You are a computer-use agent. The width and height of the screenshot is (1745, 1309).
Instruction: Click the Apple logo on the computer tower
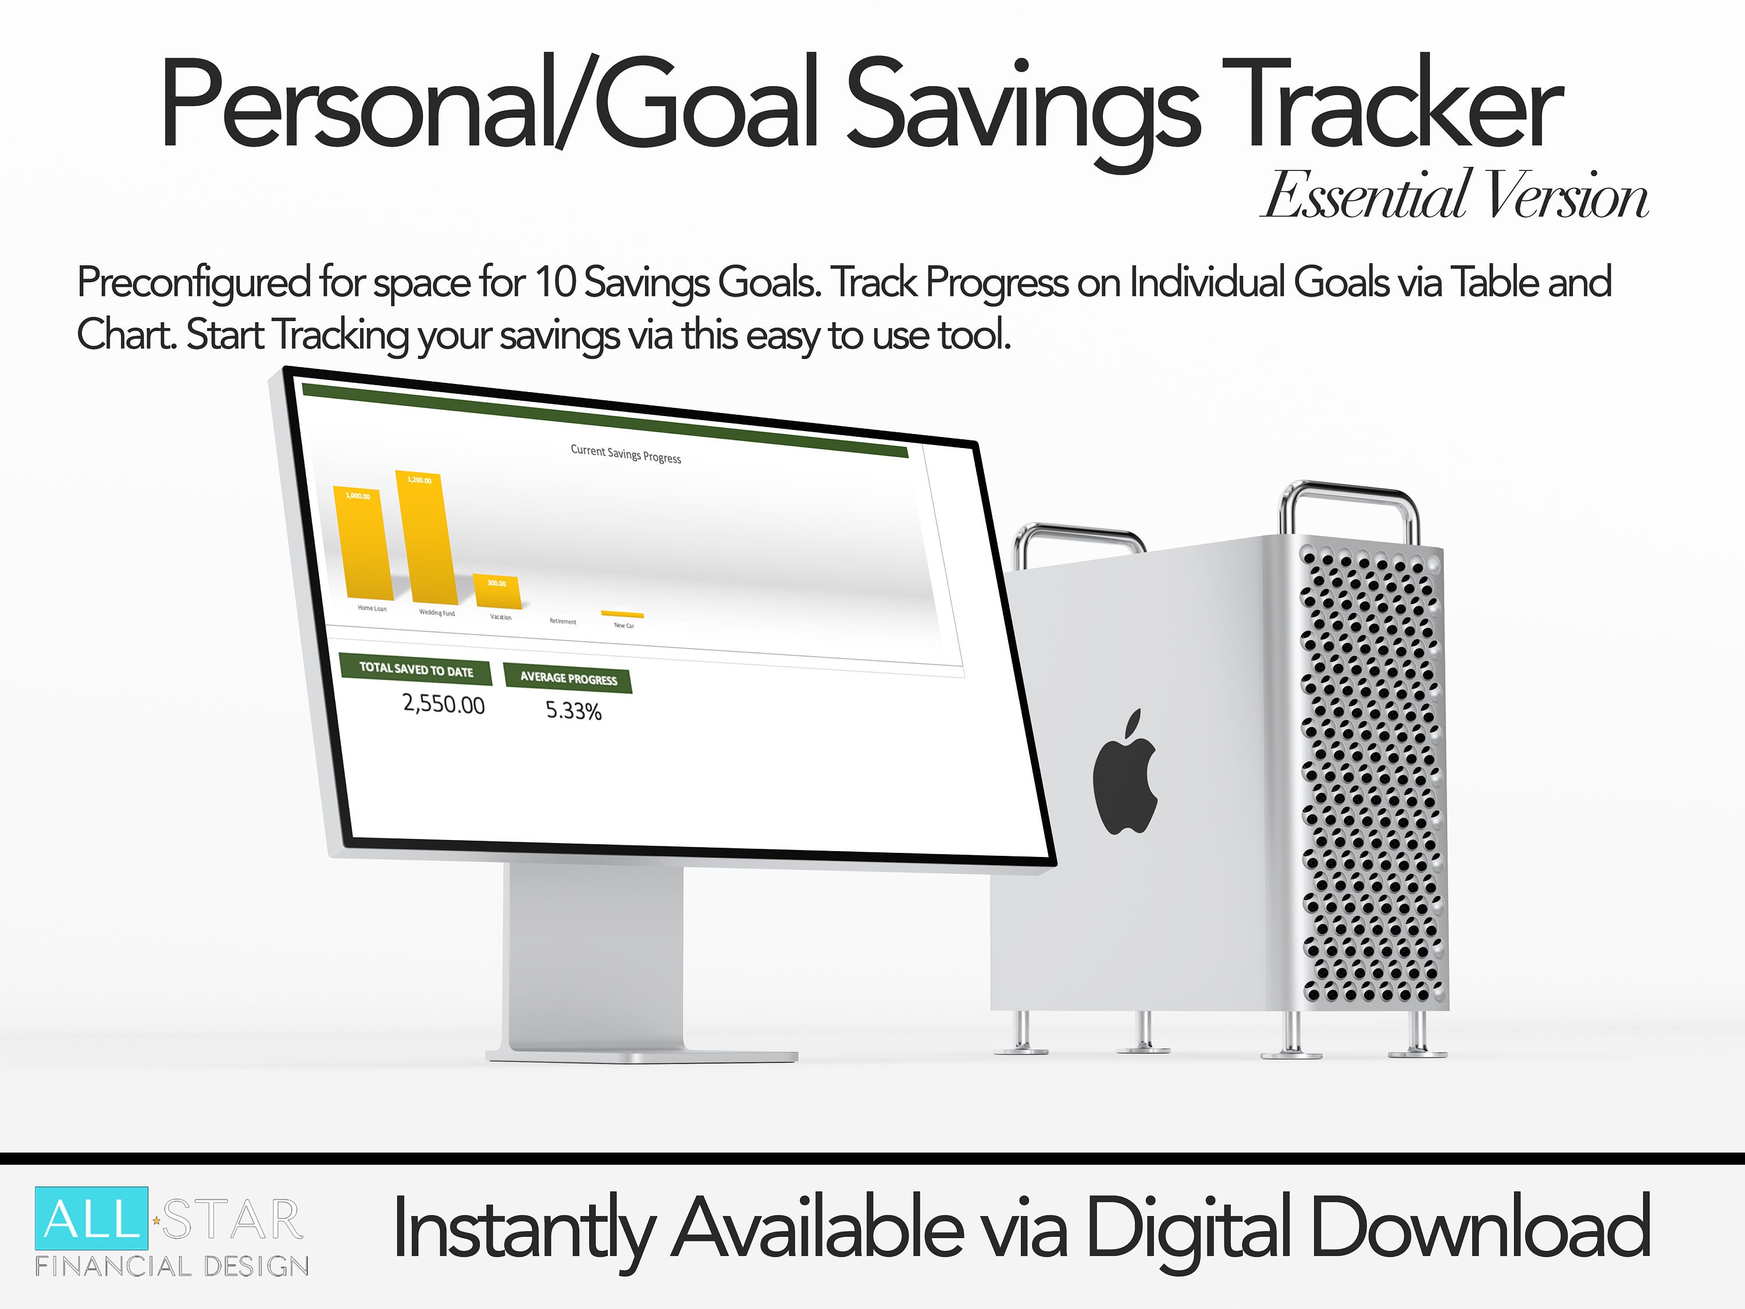pyautogui.click(x=1125, y=773)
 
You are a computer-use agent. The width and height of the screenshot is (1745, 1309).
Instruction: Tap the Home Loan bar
pyautogui.click(x=364, y=545)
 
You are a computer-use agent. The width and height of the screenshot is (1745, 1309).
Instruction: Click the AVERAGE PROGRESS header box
pyautogui.click(x=568, y=678)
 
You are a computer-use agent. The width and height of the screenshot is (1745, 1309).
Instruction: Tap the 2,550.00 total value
pyautogui.click(x=443, y=704)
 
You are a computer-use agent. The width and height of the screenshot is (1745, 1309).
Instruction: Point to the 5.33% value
pyautogui.click(x=574, y=711)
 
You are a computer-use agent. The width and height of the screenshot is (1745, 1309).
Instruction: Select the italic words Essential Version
pyautogui.click(x=1455, y=195)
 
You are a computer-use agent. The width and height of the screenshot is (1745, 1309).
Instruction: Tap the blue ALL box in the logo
pyautogui.click(x=91, y=1218)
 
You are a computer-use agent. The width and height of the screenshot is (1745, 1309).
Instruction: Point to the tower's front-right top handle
pyautogui.click(x=1349, y=505)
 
